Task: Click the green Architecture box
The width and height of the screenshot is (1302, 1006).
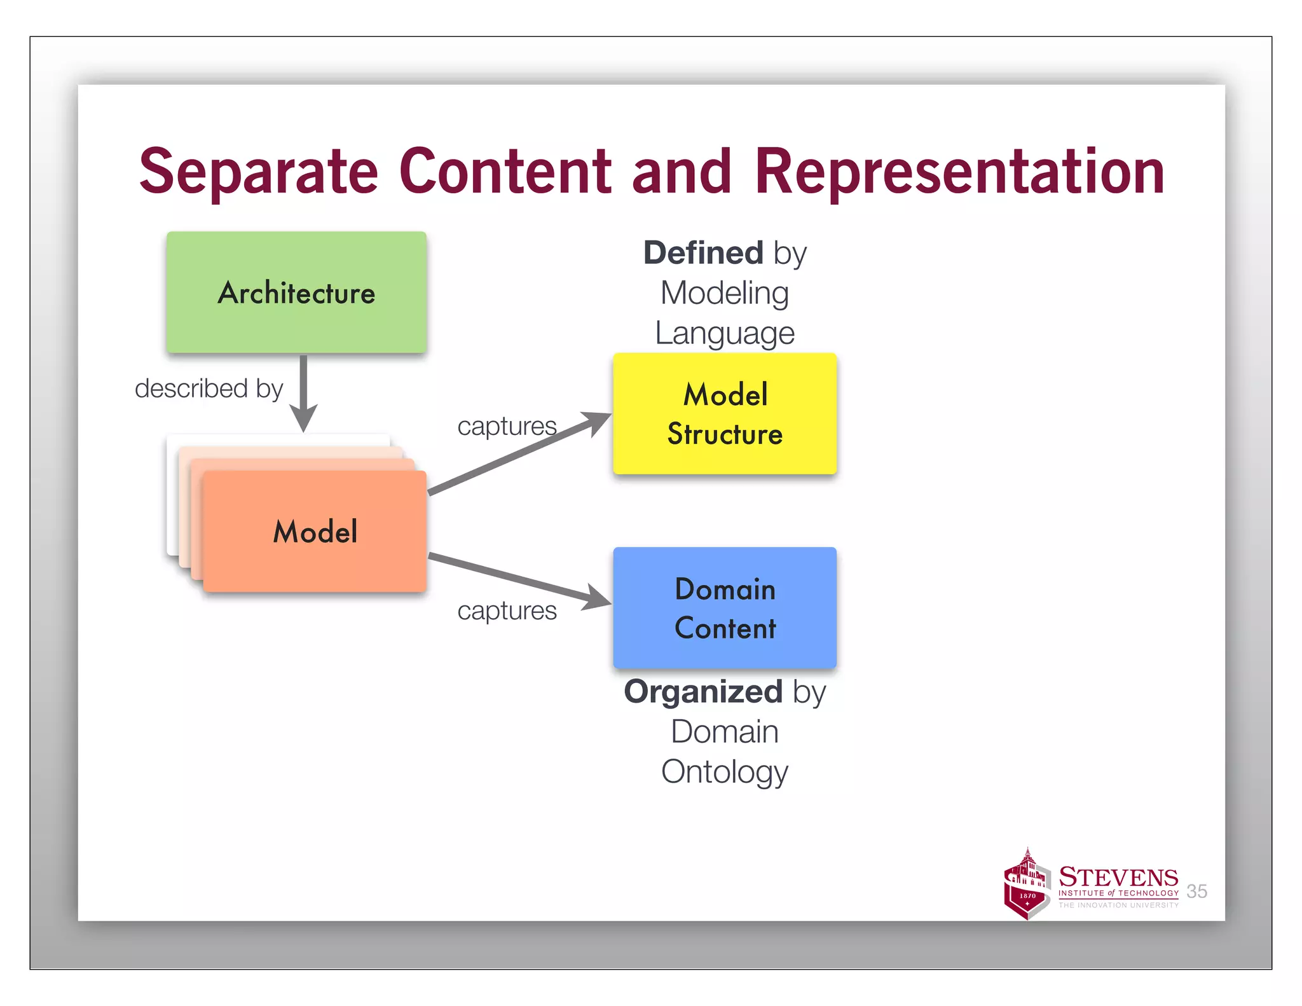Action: (296, 293)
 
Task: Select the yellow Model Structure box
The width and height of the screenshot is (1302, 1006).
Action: (725, 413)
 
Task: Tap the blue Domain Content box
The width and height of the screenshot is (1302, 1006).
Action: (725, 608)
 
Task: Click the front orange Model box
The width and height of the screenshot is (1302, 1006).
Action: (315, 532)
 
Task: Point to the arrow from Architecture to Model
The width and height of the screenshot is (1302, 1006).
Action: (304, 391)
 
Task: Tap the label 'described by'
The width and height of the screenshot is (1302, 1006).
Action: (209, 389)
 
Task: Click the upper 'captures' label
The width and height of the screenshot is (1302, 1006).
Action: (507, 426)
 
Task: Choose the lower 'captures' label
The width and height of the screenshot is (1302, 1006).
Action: (507, 611)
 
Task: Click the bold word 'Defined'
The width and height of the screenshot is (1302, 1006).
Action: (702, 253)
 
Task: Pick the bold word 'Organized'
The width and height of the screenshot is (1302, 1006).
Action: (702, 691)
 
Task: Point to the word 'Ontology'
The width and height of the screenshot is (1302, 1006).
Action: (725, 772)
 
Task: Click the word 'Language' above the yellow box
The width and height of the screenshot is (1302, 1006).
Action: (725, 333)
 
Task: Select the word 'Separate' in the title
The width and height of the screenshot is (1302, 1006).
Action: (258, 172)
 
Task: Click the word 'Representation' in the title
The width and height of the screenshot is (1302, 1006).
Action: (959, 172)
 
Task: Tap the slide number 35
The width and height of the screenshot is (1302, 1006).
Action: (1196, 892)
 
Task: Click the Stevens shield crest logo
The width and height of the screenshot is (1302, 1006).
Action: (1027, 886)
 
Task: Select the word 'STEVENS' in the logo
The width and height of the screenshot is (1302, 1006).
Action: (1118, 878)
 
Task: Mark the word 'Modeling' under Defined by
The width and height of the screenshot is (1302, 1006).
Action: (725, 293)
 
